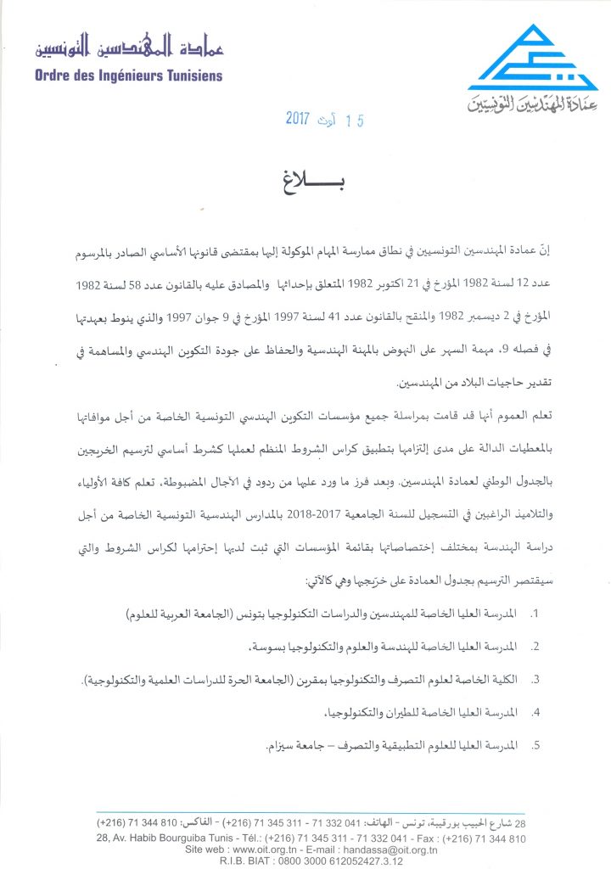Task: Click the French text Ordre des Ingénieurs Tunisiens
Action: click(129, 76)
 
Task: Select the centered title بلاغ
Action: click(305, 178)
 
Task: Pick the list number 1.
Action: click(534, 613)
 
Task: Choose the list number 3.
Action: click(534, 680)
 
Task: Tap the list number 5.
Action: click(534, 746)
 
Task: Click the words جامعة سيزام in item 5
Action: click(292, 746)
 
